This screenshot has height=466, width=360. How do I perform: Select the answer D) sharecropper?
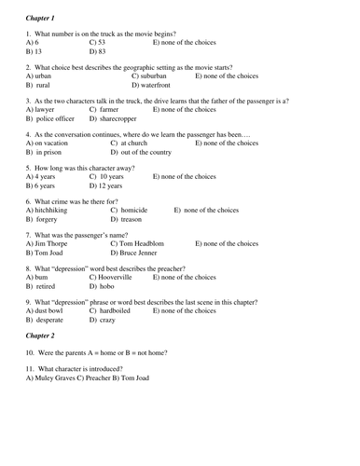coord(121,118)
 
